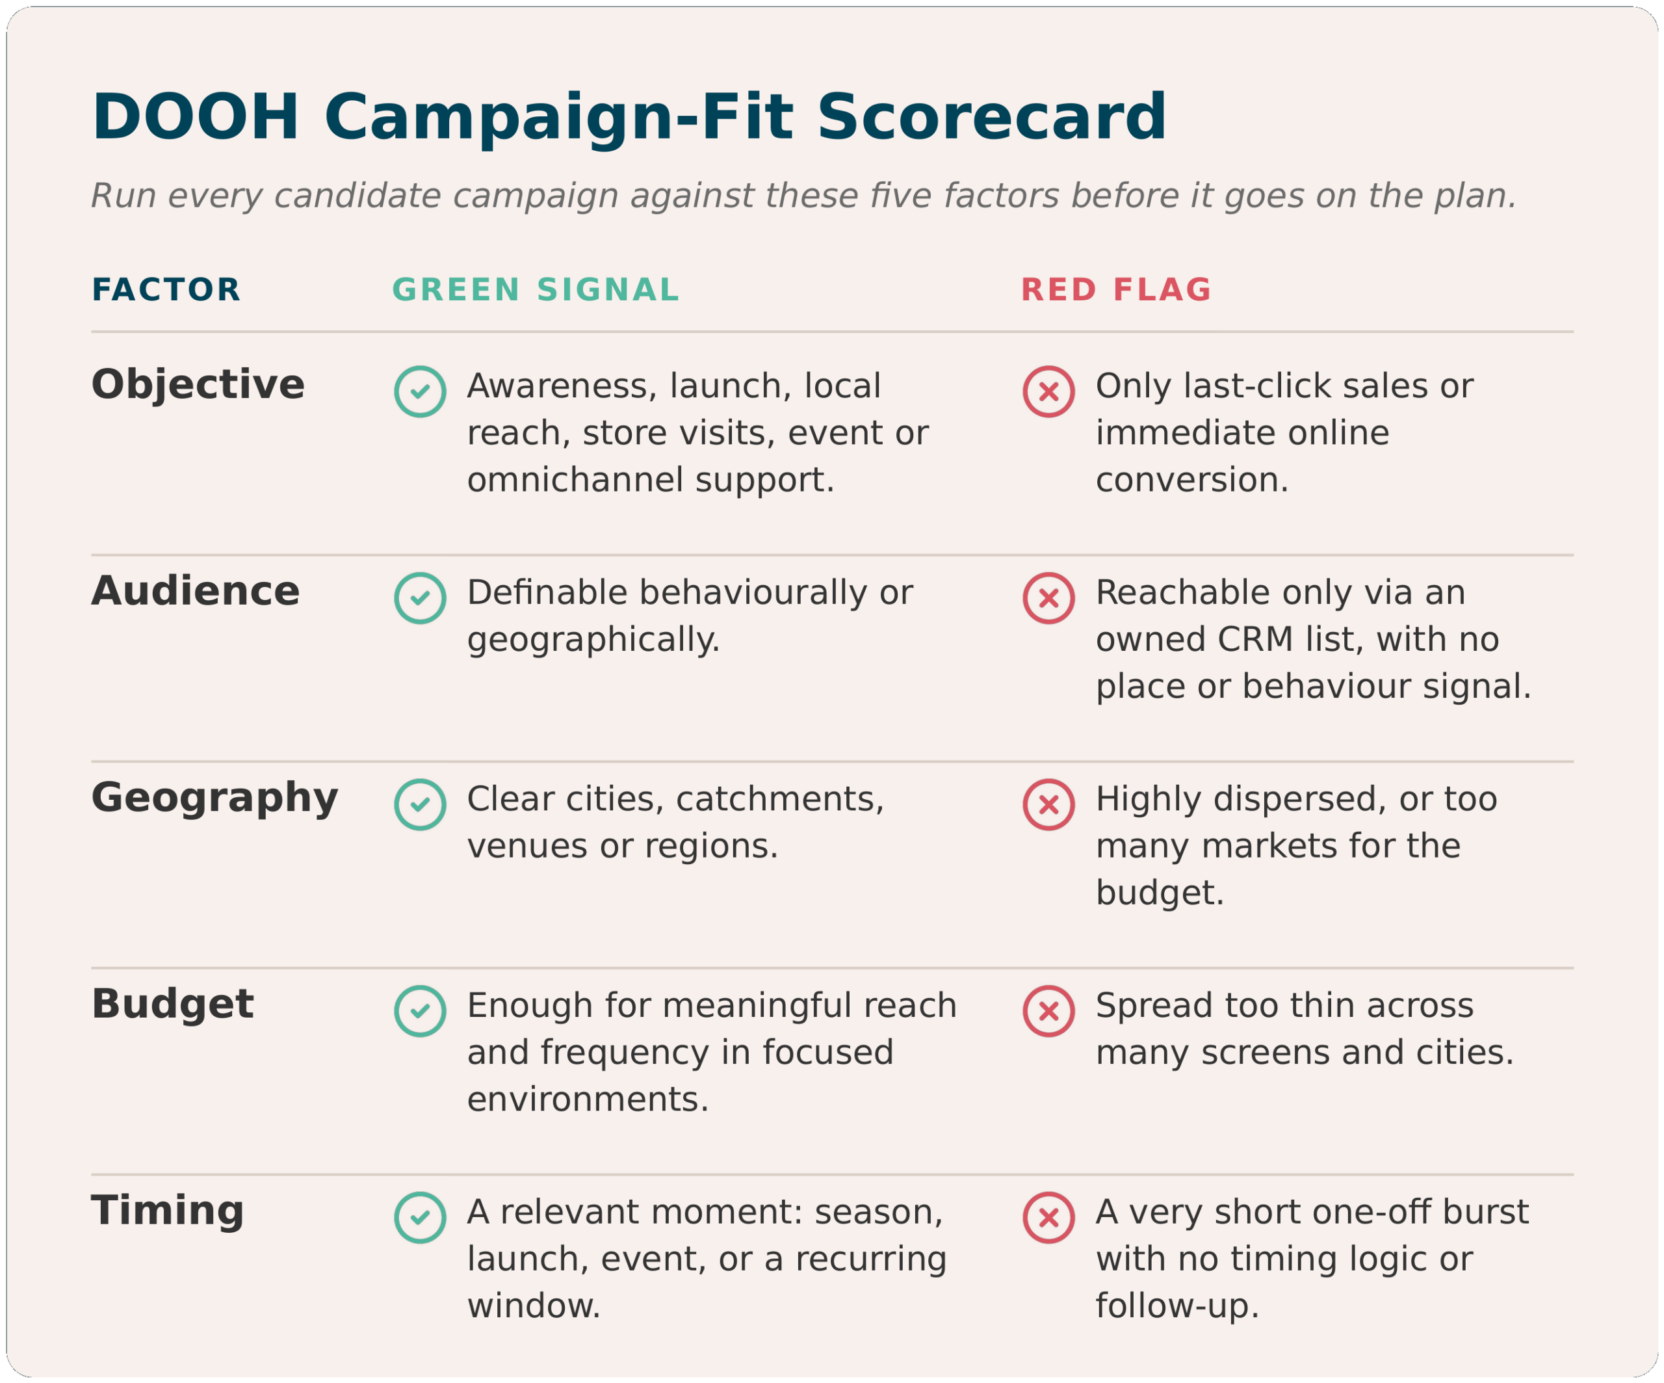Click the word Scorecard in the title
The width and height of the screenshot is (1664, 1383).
point(991,117)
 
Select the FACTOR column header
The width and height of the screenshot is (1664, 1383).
point(166,290)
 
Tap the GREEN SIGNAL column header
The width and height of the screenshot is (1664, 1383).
point(536,290)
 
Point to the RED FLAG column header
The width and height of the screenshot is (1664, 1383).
point(1115,290)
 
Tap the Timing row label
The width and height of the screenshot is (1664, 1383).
point(168,1213)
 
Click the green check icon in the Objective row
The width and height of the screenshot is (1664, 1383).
point(420,391)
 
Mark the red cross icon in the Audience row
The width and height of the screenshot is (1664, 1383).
point(1048,598)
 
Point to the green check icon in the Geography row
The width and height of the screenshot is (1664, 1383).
point(420,804)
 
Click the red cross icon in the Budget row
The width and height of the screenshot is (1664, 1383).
point(1048,1011)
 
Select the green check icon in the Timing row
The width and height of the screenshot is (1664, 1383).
point(420,1217)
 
